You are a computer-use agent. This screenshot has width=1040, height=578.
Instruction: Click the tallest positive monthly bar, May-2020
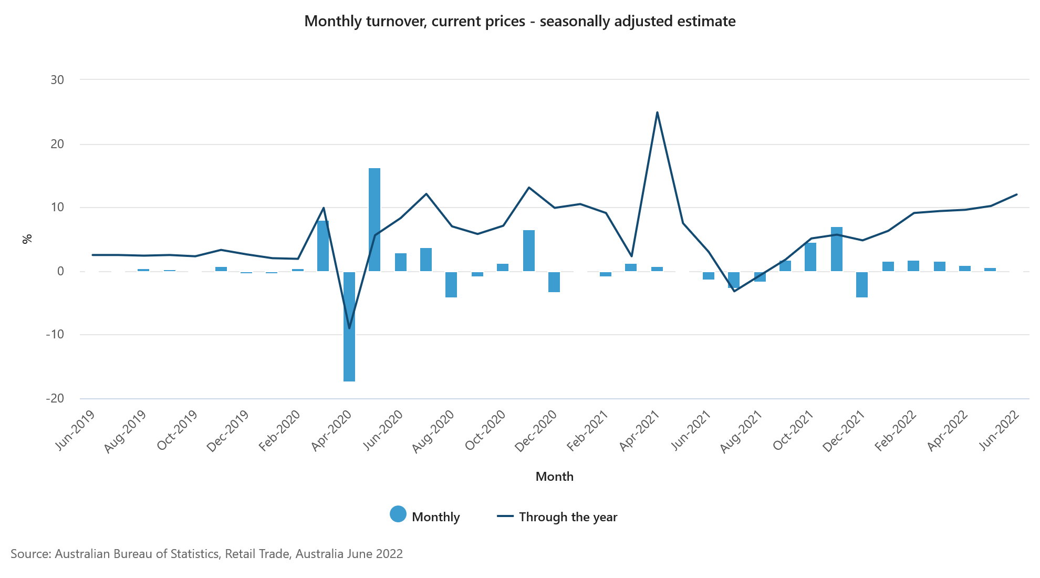pyautogui.click(x=375, y=220)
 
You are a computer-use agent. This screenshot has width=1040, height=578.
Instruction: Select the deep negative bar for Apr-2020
pyautogui.click(x=349, y=326)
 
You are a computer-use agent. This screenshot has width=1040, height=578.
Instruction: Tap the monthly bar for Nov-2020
pyautogui.click(x=529, y=251)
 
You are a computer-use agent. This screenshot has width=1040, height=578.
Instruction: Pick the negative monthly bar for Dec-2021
pyautogui.click(x=862, y=284)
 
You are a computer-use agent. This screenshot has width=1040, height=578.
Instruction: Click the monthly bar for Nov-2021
pyautogui.click(x=837, y=249)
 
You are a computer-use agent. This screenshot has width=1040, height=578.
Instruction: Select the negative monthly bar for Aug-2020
pyautogui.click(x=451, y=284)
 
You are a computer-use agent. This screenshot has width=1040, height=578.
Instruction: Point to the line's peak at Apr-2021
pyautogui.click(x=657, y=112)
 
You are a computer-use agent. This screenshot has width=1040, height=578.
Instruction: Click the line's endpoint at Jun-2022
pyautogui.click(x=1017, y=194)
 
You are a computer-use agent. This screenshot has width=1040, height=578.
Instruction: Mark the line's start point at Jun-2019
pyautogui.click(x=93, y=255)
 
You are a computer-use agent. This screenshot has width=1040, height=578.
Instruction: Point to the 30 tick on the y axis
pyautogui.click(x=57, y=80)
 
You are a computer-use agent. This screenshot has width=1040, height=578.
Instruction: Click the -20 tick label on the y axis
pyautogui.click(x=55, y=398)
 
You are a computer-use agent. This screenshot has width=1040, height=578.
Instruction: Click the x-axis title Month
pyautogui.click(x=555, y=477)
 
